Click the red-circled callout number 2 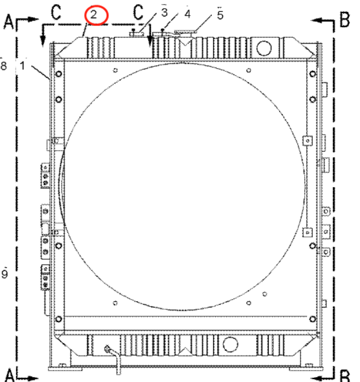94,15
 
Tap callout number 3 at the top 164,13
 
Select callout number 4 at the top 187,14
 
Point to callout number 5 220,15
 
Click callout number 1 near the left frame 22,66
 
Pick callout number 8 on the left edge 4,66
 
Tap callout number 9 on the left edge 4,274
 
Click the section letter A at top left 9,22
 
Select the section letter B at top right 345,20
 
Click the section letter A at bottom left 9,375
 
